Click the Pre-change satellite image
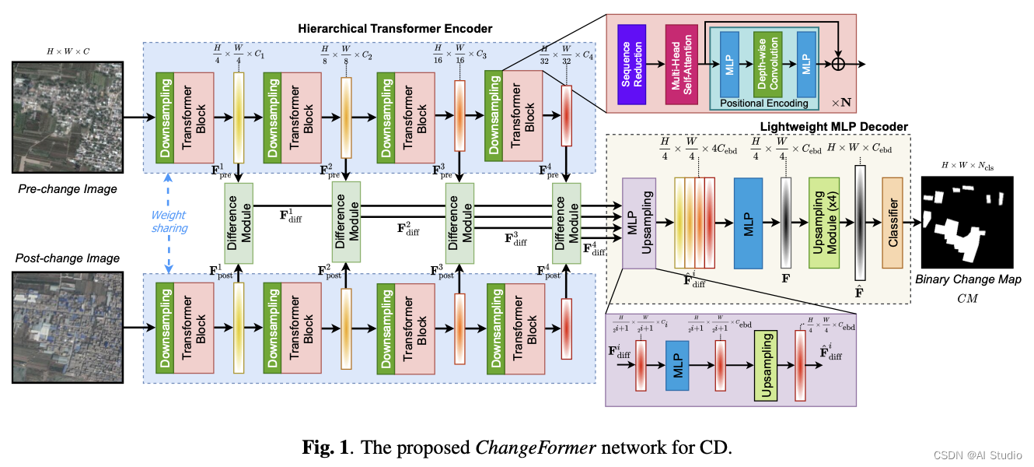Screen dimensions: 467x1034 coord(66,118)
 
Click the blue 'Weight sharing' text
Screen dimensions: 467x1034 coord(169,220)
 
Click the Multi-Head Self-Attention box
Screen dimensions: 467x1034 coord(680,64)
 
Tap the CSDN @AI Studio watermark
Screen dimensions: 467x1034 coord(980,455)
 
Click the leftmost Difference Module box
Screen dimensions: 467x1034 coord(239,221)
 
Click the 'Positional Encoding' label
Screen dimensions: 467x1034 coord(764,103)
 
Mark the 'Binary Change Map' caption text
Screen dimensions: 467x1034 coord(967,279)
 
